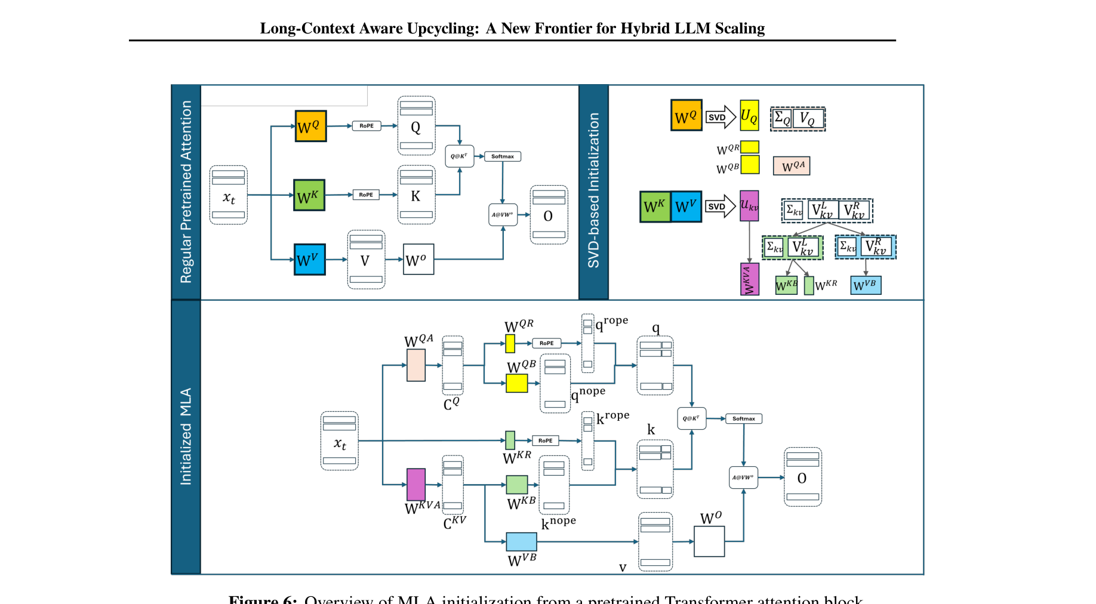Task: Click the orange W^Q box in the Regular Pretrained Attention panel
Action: pos(310,126)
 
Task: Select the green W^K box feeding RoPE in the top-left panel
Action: pos(309,195)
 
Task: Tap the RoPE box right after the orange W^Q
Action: pos(366,126)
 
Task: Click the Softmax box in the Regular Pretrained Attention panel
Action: pos(502,156)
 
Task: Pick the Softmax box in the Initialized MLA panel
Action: pos(743,419)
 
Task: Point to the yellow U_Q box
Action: pos(749,116)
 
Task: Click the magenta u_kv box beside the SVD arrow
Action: pos(749,206)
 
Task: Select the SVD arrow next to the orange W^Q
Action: pos(720,117)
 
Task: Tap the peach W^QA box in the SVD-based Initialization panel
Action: pos(792,166)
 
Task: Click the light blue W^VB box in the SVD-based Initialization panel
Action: pos(866,285)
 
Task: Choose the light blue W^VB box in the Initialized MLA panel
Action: pos(521,541)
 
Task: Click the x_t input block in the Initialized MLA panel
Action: pos(339,441)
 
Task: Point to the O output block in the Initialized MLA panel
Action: pos(802,477)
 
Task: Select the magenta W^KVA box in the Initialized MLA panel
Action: pos(416,484)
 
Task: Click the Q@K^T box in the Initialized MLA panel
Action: pos(691,418)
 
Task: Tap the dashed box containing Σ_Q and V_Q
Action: pos(798,119)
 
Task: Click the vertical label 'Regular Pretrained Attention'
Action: pos(186,192)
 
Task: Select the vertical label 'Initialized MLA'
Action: pos(186,436)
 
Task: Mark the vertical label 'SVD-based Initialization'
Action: pos(593,190)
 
